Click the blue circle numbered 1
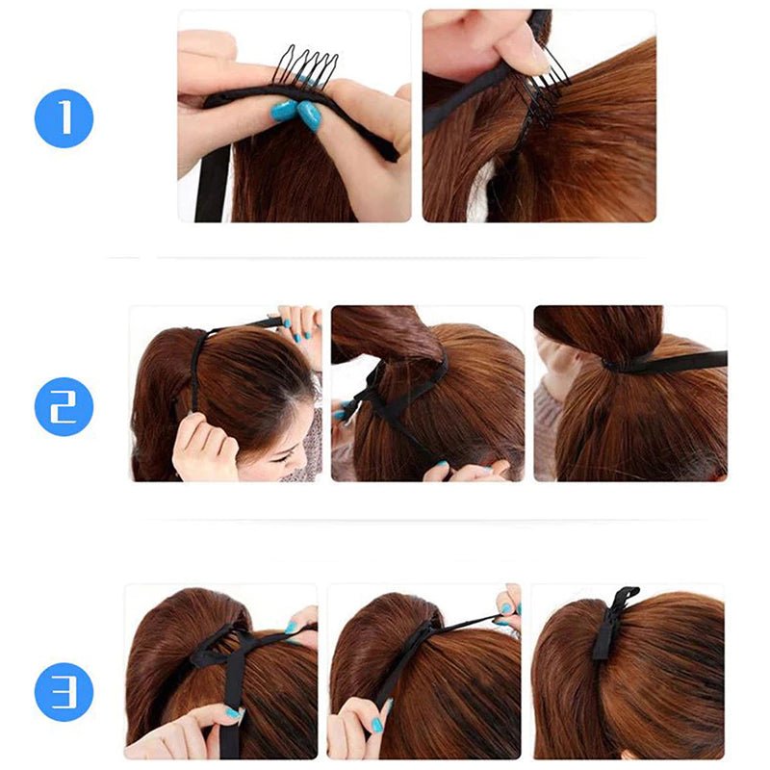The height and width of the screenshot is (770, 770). click(x=64, y=118)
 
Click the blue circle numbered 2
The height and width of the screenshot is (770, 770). click(x=64, y=406)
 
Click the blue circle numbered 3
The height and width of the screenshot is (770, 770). click(x=64, y=692)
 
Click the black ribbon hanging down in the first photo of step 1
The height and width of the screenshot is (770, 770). click(x=211, y=183)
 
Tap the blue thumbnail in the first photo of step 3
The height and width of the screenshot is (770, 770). click(x=231, y=714)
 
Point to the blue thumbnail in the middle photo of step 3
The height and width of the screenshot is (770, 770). click(x=377, y=725)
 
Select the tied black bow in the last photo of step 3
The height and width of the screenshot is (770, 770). click(x=611, y=621)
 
